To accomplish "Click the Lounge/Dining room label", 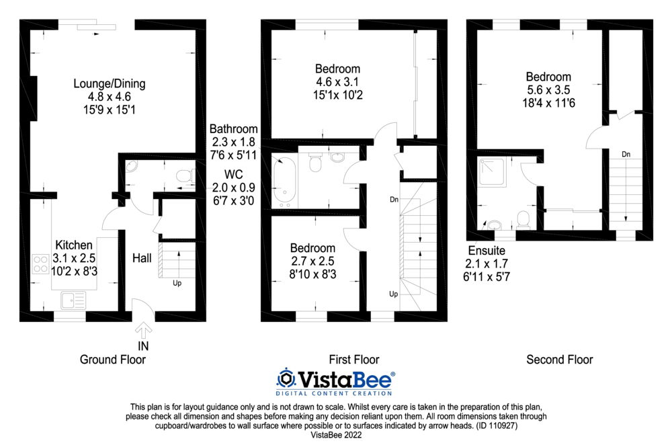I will click(109, 84).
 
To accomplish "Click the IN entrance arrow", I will click(143, 330).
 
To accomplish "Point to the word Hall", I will click(142, 257).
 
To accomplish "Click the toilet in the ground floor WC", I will click(182, 176).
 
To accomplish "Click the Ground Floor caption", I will click(113, 360).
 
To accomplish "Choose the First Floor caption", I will click(354, 360).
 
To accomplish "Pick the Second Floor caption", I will click(559, 360).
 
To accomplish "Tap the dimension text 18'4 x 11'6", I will click(548, 102).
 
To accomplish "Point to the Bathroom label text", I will click(233, 128).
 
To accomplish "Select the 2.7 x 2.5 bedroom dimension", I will click(312, 261).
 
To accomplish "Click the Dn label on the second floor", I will click(626, 154).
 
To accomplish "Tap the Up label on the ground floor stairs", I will click(177, 283).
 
